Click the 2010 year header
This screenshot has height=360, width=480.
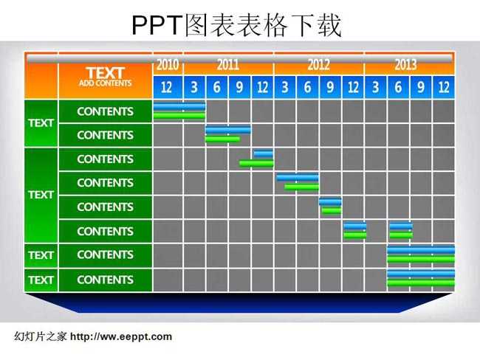tap(168, 64)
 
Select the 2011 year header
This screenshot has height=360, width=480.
tap(228, 64)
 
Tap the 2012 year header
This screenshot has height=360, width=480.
tap(319, 64)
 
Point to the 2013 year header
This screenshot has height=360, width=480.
tap(405, 64)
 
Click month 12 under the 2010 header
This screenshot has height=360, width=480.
tap(166, 88)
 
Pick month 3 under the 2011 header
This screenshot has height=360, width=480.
tap(194, 88)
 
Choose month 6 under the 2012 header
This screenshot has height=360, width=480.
tap(307, 88)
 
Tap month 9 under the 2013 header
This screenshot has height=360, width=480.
tap(421, 88)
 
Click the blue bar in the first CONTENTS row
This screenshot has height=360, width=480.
tap(179, 106)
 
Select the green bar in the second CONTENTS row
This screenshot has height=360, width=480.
tap(222, 139)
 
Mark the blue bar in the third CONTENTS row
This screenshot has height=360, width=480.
tap(264, 153)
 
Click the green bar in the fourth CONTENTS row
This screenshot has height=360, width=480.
tap(302, 187)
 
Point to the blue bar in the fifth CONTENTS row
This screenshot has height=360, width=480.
tap(330, 202)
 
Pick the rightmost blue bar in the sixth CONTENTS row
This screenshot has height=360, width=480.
tap(401, 226)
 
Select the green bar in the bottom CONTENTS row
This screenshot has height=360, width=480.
tap(421, 283)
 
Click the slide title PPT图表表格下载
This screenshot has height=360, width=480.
tap(236, 25)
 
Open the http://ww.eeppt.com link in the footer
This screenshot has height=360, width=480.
tap(121, 336)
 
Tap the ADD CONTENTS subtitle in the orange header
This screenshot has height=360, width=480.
tap(106, 83)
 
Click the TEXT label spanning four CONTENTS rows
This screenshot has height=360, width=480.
tap(41, 195)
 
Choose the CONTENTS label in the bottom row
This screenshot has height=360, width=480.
tap(106, 280)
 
